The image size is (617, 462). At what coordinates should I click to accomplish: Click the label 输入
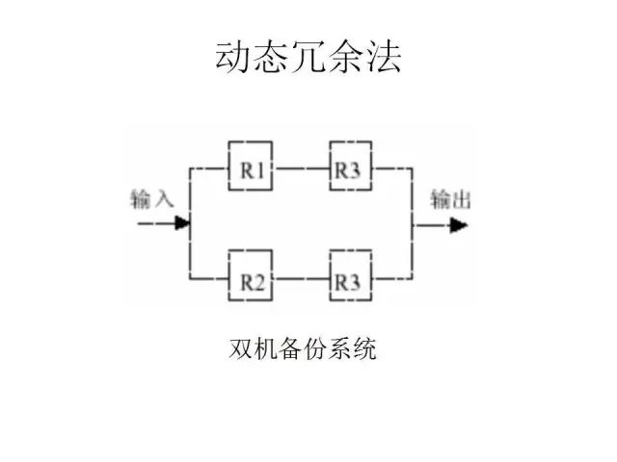coord(152,200)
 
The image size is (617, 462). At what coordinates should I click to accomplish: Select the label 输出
coord(450,200)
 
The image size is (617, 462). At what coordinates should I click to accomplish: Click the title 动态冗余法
coord(308,57)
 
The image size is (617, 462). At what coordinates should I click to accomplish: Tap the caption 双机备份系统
coord(303,348)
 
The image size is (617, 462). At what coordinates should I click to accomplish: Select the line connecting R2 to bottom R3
coord(300,282)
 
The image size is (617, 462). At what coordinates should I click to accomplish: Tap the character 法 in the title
coord(384,57)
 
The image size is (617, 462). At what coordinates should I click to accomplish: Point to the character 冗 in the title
coord(308,57)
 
